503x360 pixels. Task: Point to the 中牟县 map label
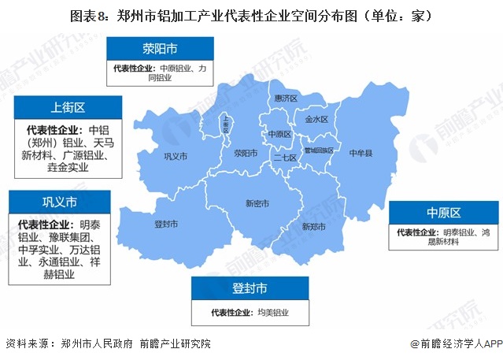(x=361, y=151)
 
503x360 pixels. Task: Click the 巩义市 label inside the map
(x=175, y=157)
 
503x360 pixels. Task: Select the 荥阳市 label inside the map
(x=246, y=153)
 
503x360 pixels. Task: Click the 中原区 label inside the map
(x=279, y=134)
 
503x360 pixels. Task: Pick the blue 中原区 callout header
(x=444, y=213)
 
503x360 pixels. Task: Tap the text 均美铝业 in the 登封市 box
(x=273, y=312)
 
